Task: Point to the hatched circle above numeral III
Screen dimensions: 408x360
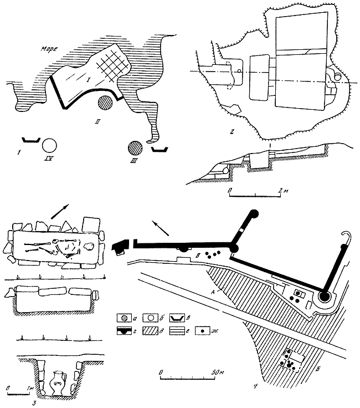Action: click(134, 148)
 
